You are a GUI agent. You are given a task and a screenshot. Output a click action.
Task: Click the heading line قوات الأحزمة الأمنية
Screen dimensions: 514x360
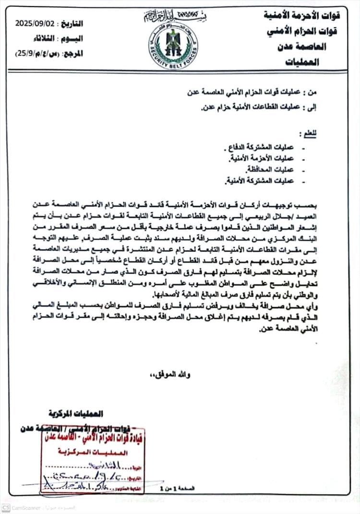click(x=308, y=14)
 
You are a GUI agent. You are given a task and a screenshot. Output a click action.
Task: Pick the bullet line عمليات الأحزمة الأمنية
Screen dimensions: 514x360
click(x=263, y=158)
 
